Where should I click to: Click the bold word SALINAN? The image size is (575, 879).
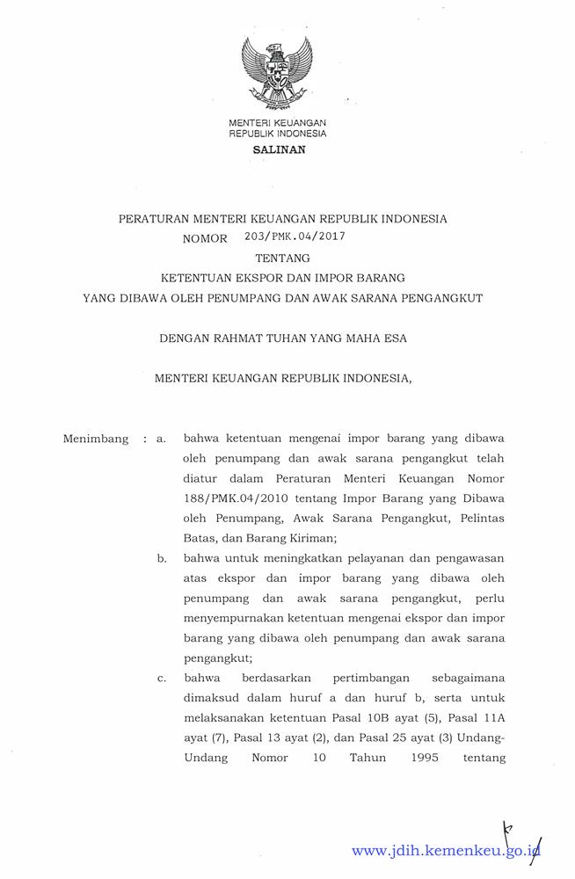(x=277, y=150)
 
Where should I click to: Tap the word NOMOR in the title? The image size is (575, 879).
(x=205, y=238)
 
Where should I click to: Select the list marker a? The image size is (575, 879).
(x=161, y=438)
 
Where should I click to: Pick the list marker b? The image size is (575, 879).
(x=162, y=558)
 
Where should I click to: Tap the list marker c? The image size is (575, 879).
(x=161, y=679)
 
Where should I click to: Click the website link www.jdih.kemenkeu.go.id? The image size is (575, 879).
(x=445, y=851)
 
